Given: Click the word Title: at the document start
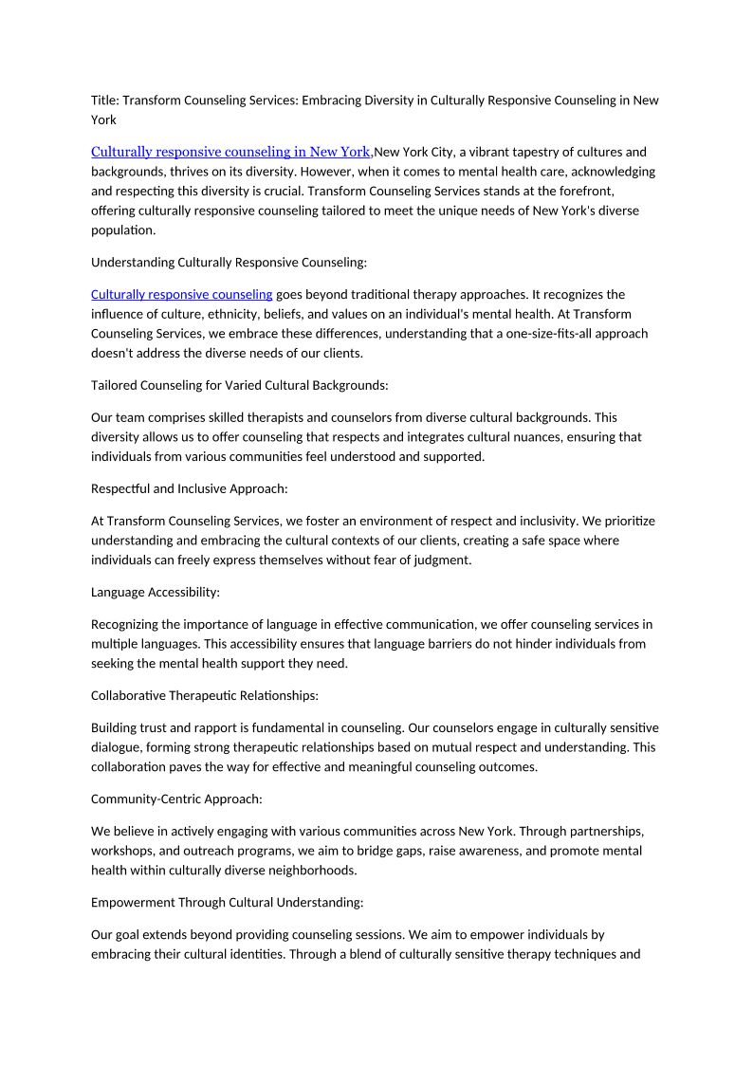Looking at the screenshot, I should pos(105,101).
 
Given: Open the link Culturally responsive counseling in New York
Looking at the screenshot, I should pos(230,152).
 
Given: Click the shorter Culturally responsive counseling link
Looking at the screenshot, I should pos(181,294).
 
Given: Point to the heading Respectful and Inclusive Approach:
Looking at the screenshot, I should pos(190,488).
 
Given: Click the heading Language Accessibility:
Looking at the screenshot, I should pos(156,592).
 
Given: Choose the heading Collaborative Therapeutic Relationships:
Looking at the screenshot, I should pos(205,695).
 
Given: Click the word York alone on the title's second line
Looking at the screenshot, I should pos(103,120).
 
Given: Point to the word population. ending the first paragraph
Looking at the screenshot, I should pos(123,230).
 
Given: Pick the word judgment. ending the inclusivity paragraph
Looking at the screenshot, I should pos(443,560).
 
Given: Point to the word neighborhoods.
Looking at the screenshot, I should pos(318,871).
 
